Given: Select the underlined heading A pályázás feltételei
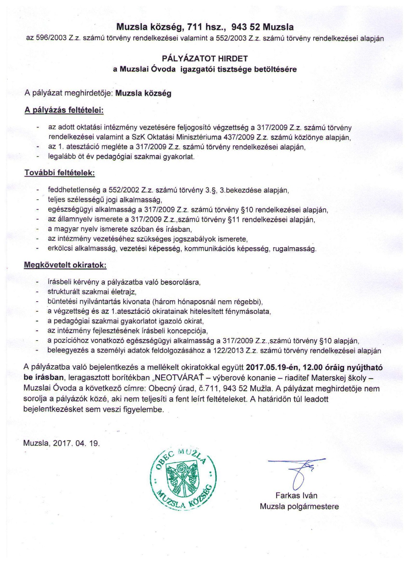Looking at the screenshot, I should coord(64,110).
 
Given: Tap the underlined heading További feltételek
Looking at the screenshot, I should coord(59,173).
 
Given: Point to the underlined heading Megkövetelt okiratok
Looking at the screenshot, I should coord(65,265).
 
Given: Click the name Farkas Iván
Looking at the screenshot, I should coord(296,496).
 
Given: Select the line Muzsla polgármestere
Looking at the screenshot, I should coord(299,507).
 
